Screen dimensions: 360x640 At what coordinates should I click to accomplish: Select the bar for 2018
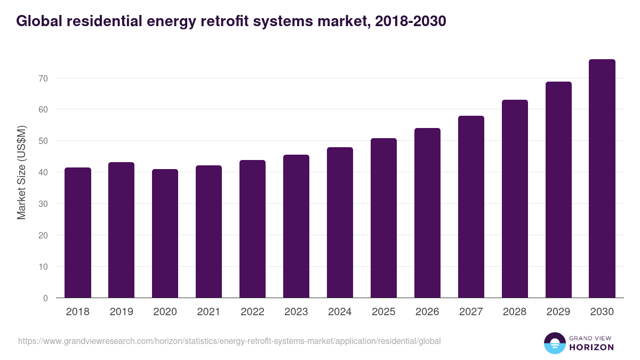point(78,233)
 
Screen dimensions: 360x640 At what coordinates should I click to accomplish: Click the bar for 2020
point(165,234)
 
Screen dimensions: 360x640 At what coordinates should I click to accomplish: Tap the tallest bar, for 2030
point(602,179)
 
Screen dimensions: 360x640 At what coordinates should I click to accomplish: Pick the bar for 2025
point(384,218)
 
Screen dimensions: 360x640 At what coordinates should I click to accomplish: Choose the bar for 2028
point(515,199)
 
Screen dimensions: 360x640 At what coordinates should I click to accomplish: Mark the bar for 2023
point(297,226)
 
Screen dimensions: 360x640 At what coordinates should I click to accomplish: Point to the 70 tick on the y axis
point(43,78)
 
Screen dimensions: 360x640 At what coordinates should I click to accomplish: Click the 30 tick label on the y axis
point(43,204)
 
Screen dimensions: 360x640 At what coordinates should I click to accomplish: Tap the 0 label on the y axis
point(45,298)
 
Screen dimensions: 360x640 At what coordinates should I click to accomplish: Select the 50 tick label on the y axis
point(43,141)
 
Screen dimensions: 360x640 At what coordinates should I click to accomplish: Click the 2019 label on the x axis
point(122,312)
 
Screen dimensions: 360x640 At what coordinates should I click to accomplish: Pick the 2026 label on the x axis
point(427,312)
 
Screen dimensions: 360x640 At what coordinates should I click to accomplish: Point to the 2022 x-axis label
point(253,312)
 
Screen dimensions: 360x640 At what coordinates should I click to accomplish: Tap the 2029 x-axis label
point(558,312)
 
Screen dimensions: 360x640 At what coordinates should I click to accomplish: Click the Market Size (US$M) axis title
point(22,172)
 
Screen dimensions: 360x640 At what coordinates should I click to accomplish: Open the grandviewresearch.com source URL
point(229,341)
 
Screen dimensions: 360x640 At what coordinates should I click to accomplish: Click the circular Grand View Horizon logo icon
point(555,343)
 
